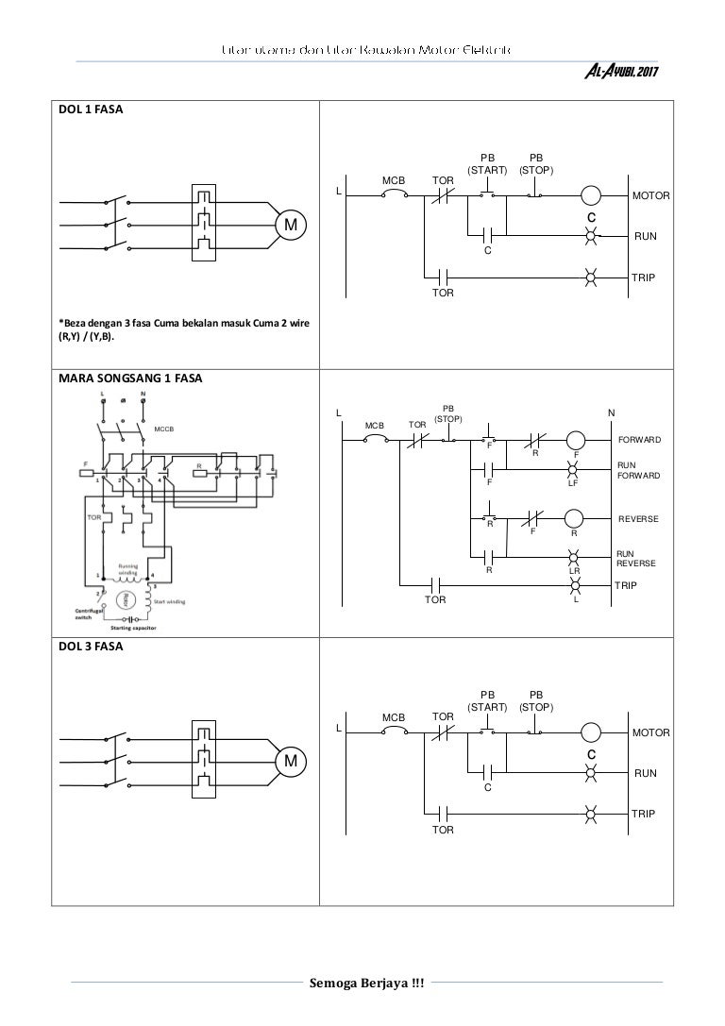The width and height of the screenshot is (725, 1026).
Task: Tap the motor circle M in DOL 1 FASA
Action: (x=291, y=225)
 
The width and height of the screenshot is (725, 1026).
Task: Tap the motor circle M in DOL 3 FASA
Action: (x=291, y=761)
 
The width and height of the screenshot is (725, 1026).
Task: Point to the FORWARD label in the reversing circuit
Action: (x=639, y=440)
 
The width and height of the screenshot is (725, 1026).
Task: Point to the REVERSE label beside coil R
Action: (x=638, y=519)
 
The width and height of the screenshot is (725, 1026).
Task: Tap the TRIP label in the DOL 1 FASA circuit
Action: (x=644, y=278)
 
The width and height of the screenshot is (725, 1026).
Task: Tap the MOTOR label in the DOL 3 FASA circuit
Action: (x=650, y=732)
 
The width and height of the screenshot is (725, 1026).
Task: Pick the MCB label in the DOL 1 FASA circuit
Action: (x=393, y=179)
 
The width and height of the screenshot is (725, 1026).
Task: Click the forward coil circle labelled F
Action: (x=576, y=440)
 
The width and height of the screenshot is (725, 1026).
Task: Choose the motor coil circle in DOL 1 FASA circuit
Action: (x=591, y=195)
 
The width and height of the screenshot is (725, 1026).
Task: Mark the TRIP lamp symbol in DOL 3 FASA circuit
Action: (x=591, y=813)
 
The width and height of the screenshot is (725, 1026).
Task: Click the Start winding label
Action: (x=170, y=599)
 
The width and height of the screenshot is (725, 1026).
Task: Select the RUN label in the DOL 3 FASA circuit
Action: (x=645, y=773)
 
